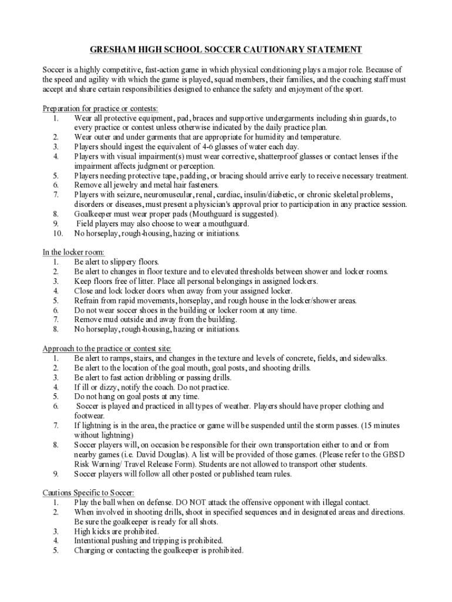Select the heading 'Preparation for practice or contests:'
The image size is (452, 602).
100,109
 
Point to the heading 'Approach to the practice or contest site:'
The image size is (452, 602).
107,349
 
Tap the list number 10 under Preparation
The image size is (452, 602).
55,233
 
